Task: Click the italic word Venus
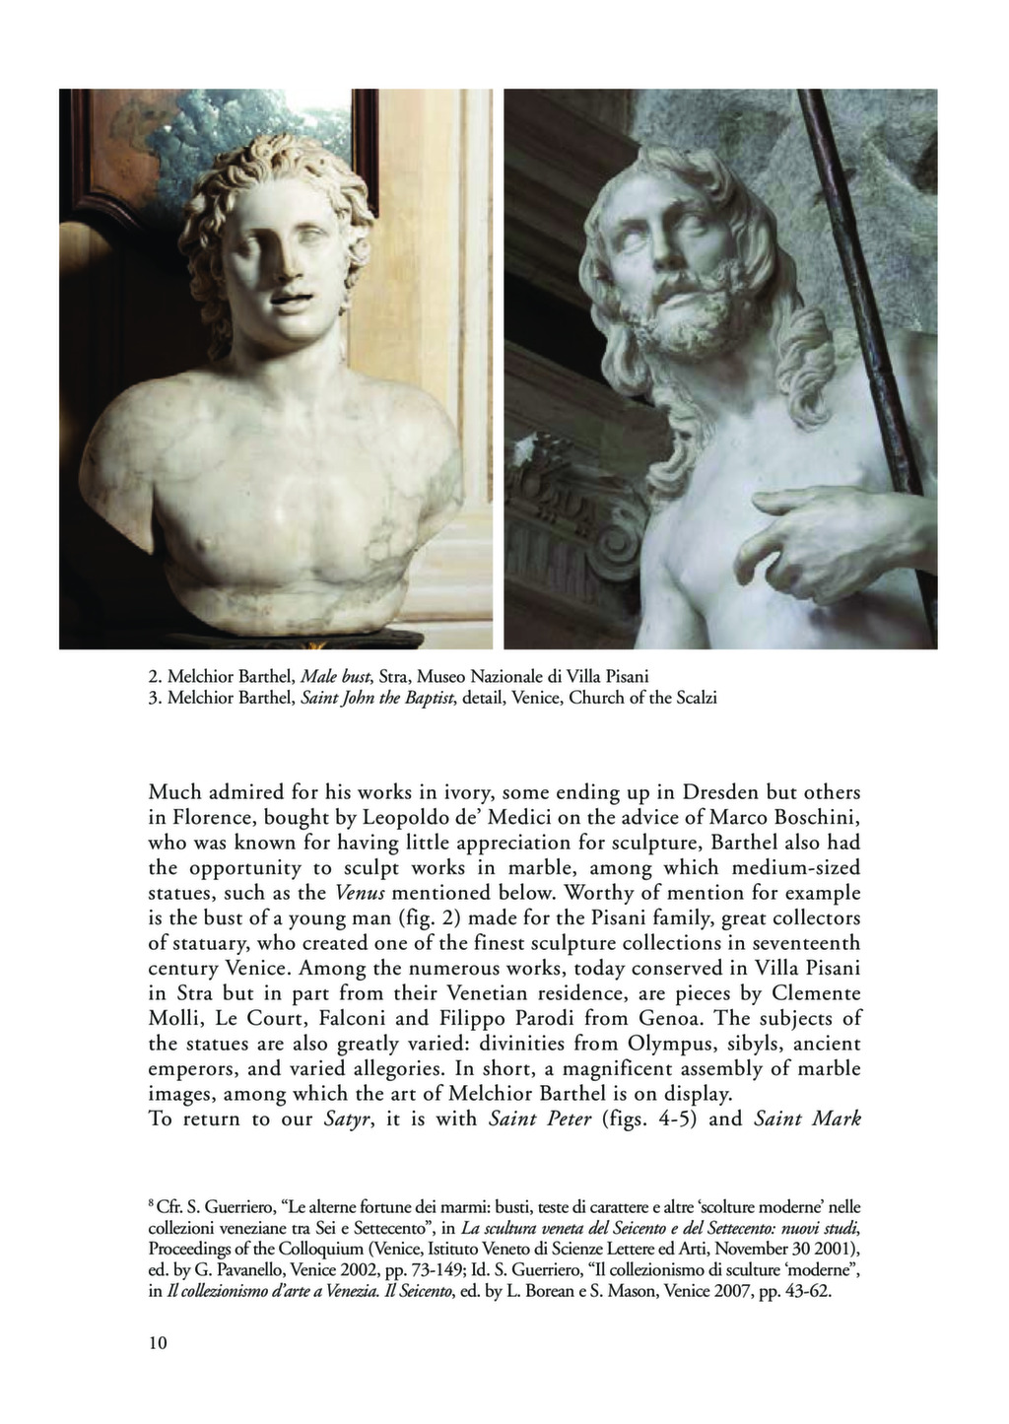[357, 894]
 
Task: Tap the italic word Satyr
[345, 1119]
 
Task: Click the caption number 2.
[154, 677]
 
